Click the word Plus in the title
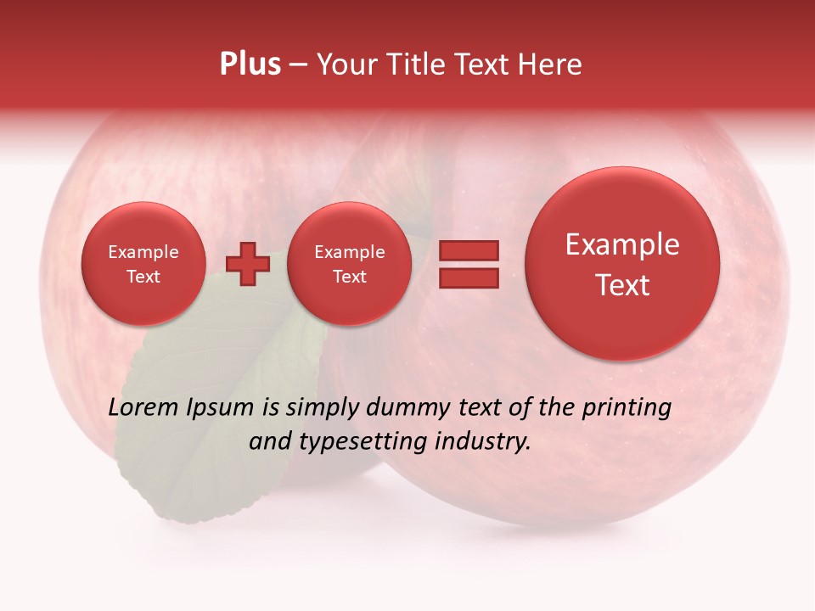(x=250, y=64)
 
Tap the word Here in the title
(x=551, y=64)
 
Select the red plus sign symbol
(x=248, y=263)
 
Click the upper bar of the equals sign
(x=468, y=250)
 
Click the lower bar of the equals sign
(x=468, y=277)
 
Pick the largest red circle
(x=622, y=263)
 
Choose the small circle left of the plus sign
(x=143, y=263)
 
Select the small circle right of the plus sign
(x=349, y=263)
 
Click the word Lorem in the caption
(x=144, y=407)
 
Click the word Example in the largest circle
(x=622, y=244)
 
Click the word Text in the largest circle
(x=622, y=285)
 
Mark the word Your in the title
(x=346, y=64)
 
